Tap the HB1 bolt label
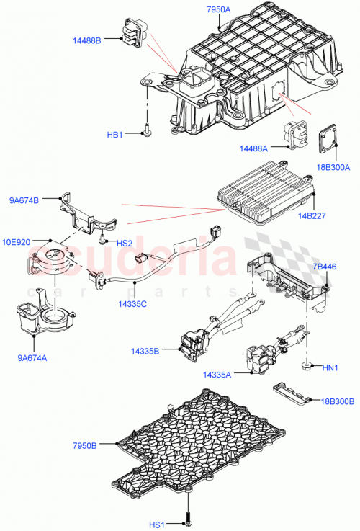click(x=116, y=134)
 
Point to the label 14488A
click(x=255, y=148)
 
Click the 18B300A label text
click(x=332, y=168)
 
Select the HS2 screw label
click(x=124, y=243)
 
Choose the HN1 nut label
click(x=330, y=368)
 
